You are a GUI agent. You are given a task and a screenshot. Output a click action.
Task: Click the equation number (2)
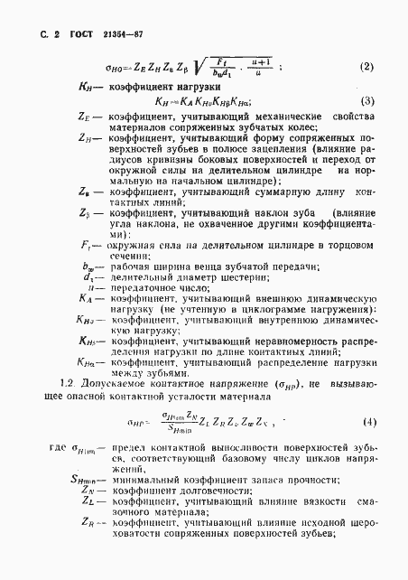(x=366, y=66)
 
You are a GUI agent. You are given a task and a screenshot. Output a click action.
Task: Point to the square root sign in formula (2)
(x=196, y=65)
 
